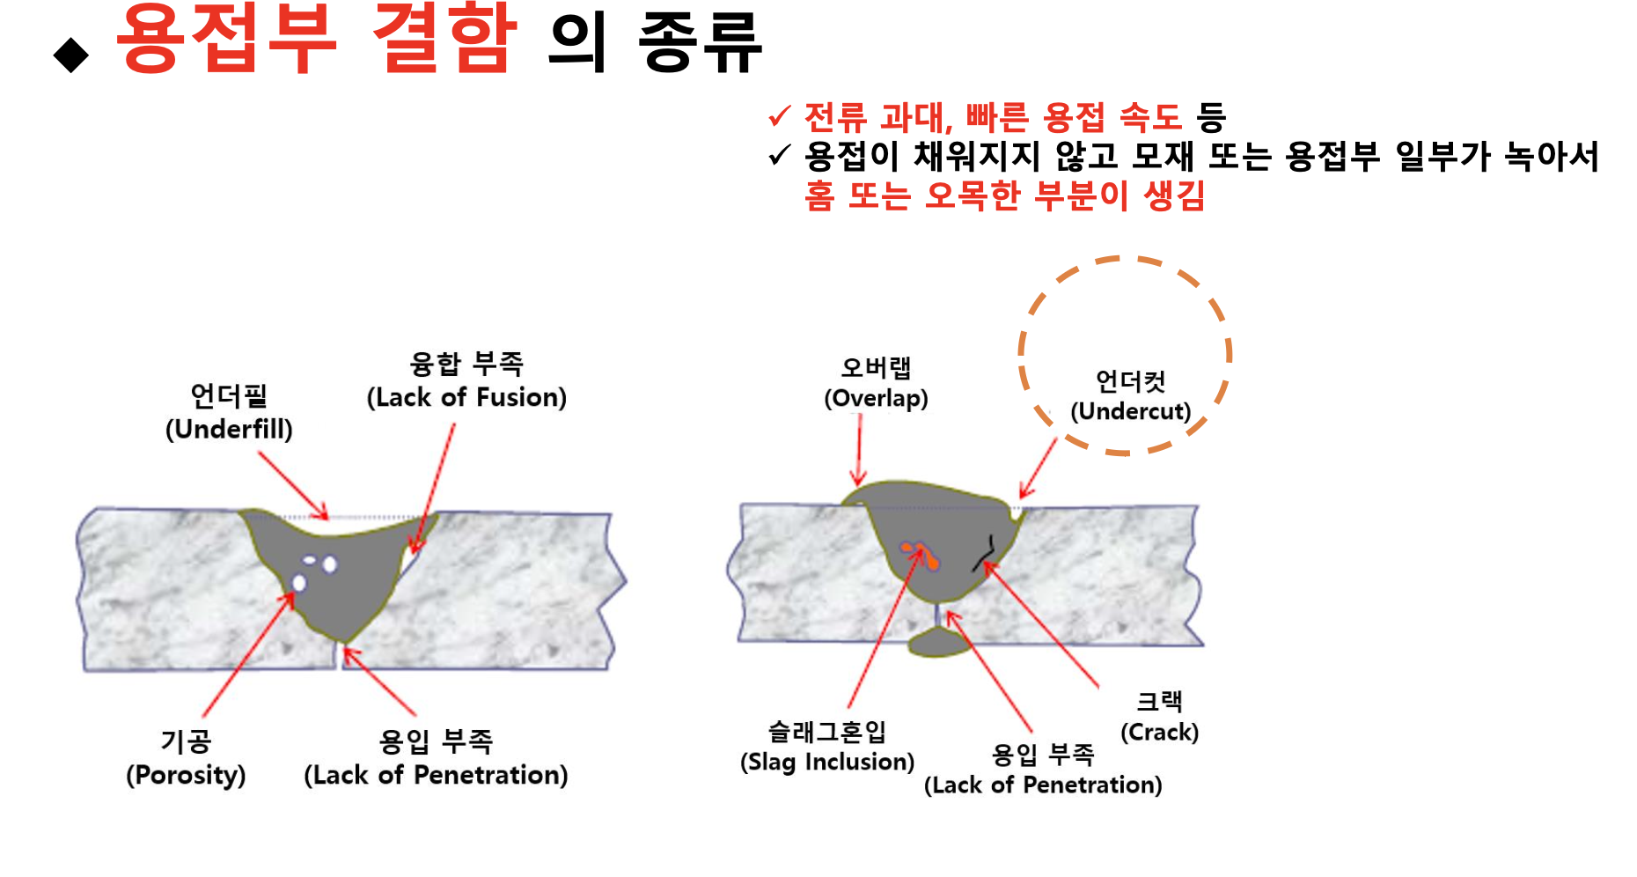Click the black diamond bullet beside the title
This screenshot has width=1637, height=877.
tap(71, 55)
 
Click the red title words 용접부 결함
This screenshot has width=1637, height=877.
tap(315, 39)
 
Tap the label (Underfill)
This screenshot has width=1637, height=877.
tap(229, 430)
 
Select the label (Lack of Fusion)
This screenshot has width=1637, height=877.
tap(466, 398)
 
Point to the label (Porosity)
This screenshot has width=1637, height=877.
tap(186, 776)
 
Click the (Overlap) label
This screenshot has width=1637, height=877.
tap(876, 399)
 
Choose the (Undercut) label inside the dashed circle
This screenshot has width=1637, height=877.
tap(1130, 411)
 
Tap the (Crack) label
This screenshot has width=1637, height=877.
tap(1159, 733)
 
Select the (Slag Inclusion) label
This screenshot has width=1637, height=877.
tap(827, 762)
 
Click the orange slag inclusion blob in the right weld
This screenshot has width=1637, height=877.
tap(921, 556)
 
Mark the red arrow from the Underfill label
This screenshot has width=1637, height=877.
tap(293, 485)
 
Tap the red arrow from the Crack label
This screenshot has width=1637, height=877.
tap(1042, 624)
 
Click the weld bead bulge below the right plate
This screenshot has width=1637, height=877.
tap(938, 644)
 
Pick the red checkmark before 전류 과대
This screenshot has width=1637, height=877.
tap(779, 116)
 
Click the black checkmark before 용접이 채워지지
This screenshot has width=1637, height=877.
tap(779, 156)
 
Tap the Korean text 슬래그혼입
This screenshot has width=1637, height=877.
tap(827, 731)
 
